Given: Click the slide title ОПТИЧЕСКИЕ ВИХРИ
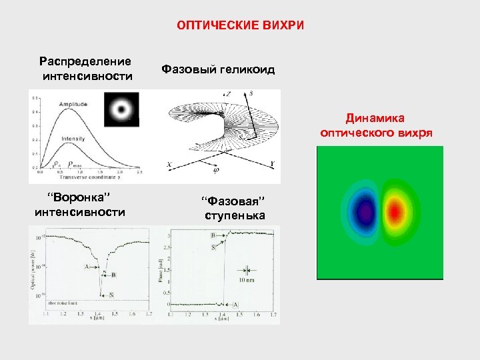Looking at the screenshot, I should pos(240,25).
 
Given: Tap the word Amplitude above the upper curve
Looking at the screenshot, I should pos(73,105).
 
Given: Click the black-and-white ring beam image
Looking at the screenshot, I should pos(121,108).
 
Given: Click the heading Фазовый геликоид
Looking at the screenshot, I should pos(218,69).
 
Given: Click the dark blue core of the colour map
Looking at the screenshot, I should pos(364,213).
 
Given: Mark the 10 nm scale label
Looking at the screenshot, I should pos(247,281).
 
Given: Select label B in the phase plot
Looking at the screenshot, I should pos(213,235).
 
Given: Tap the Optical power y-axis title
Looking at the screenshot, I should pos(33,271).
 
